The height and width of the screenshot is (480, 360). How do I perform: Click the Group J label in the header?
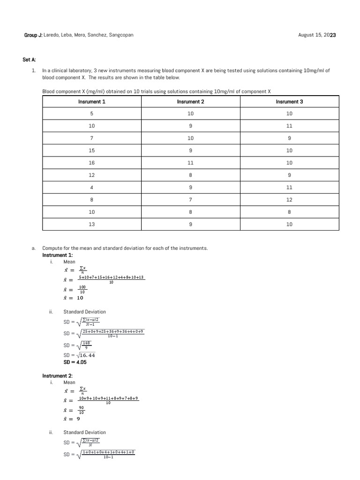33,35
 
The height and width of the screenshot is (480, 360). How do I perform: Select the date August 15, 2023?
317,35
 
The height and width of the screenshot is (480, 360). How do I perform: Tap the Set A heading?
29,60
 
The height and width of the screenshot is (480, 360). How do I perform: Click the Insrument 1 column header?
92,102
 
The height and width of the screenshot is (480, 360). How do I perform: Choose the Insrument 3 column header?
289,102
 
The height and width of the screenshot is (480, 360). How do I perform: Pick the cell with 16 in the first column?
92,163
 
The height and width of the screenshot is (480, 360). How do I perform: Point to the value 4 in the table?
92,187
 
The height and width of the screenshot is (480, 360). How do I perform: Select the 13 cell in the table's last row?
92,224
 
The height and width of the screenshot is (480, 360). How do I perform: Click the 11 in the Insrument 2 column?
191,163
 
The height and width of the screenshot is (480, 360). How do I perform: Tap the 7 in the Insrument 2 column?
191,200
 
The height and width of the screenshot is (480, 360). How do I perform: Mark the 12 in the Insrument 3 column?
289,200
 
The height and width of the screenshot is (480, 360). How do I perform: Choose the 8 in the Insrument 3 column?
289,212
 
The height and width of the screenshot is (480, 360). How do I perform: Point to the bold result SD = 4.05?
75,362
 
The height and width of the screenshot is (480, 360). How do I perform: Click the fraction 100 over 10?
82,289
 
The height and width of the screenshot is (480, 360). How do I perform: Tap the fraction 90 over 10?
82,410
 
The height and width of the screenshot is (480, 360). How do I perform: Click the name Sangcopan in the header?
121,35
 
